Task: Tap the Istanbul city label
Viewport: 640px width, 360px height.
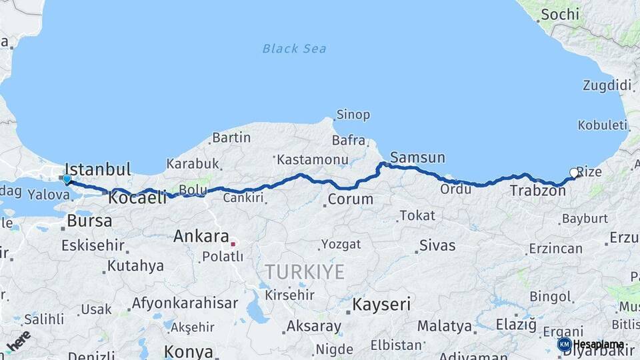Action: coord(99,169)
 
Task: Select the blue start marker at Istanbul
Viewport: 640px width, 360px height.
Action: coord(67,179)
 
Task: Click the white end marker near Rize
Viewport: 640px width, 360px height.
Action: coord(574,173)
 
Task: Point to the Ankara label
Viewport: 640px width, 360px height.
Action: coord(201,236)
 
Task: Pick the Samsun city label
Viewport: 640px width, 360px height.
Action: coord(417,157)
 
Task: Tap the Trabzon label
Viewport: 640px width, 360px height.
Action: coord(537,191)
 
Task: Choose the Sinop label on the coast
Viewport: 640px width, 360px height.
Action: coord(353,115)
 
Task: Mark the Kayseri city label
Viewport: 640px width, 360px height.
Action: coord(381,305)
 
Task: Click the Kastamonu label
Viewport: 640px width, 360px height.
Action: coord(312,160)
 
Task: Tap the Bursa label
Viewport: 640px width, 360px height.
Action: coord(89,221)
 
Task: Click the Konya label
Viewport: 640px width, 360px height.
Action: coord(188,351)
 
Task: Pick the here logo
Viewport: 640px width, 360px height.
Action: coord(19,341)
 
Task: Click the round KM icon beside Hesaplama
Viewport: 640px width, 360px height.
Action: coord(564,344)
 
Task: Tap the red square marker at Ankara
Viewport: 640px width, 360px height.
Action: coord(233,244)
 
